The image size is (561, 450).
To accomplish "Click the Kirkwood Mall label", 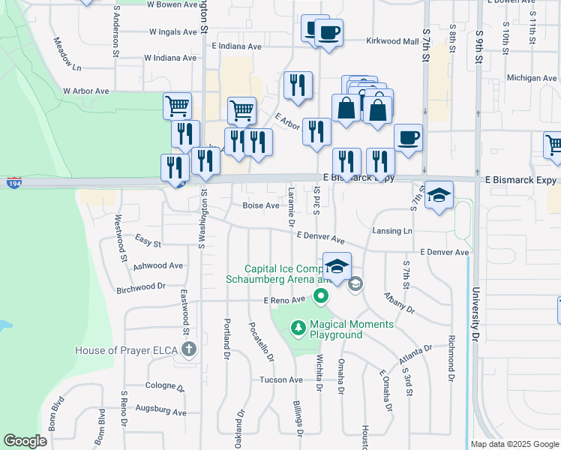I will tap(392, 41).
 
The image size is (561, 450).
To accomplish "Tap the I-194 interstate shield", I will tap(13, 182).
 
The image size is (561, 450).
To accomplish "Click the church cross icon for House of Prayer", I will tap(188, 349).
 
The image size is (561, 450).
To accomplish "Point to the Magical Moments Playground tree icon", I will tap(298, 328).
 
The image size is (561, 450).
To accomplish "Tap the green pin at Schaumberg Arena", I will tap(321, 296).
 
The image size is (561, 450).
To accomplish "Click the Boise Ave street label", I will tap(261, 205).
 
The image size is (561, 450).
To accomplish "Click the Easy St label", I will tap(148, 241).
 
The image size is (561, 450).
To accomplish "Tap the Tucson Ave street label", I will tap(280, 379).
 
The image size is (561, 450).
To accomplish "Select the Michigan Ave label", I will tap(531, 78).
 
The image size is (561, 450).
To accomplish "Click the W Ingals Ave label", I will tap(178, 32).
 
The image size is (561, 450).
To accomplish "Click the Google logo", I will tap(25, 441).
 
